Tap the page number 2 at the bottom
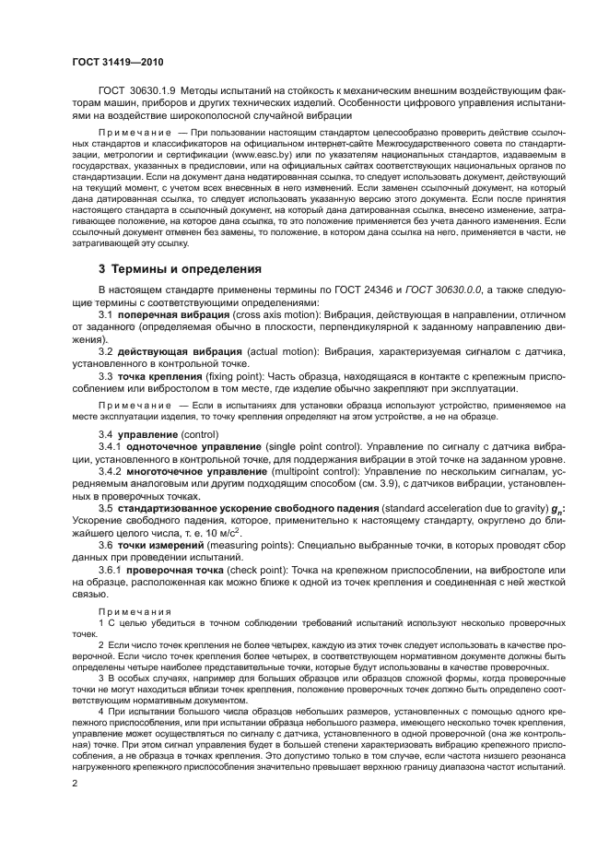(74, 784)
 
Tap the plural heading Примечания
(128, 611)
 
